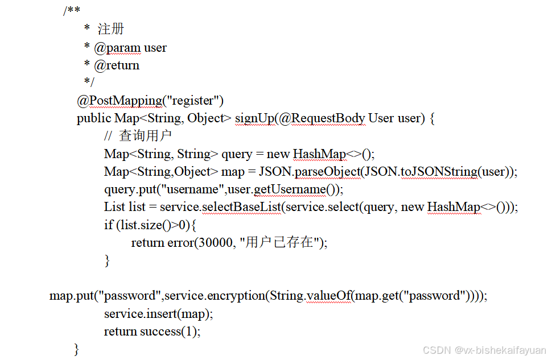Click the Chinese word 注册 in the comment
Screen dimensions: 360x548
click(111, 30)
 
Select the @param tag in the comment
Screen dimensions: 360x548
click(117, 48)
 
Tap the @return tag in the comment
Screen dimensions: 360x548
click(117, 65)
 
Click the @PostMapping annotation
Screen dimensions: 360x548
click(120, 101)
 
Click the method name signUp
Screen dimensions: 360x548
click(254, 119)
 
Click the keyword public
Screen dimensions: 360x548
click(94, 119)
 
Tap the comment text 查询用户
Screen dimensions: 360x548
click(146, 136)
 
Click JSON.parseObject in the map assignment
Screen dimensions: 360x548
click(308, 172)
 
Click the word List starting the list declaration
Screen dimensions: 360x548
click(114, 207)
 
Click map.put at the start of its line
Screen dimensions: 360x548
click(71, 296)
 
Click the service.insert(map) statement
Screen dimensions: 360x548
click(158, 313)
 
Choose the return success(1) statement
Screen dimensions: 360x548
click(152, 331)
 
